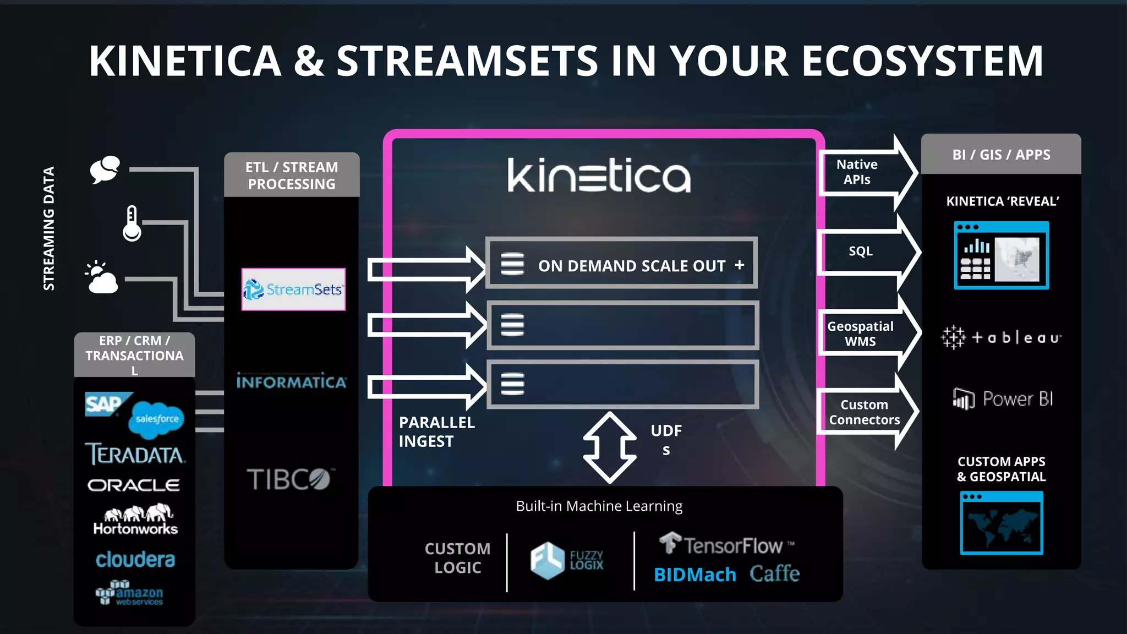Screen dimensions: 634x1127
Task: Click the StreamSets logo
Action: tap(293, 289)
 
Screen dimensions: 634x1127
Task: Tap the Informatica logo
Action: tap(292, 381)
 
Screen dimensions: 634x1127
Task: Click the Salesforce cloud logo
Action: tap(156, 419)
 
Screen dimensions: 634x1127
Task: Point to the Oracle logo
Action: tap(134, 485)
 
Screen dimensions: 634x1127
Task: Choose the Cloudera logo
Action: tap(135, 560)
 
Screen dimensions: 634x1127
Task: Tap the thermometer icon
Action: tap(132, 223)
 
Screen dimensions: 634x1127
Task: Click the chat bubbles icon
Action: tap(105, 169)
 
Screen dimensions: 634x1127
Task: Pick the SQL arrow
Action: tap(867, 252)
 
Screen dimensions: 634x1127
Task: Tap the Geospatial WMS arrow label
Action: tap(860, 334)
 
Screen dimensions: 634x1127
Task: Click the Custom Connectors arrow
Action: tap(865, 412)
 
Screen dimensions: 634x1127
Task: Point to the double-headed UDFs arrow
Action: tap(610, 447)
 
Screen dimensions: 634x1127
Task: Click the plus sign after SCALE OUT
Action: tap(740, 265)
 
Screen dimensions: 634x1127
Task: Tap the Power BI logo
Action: tap(1003, 398)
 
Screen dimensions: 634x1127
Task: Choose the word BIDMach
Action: tap(695, 575)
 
